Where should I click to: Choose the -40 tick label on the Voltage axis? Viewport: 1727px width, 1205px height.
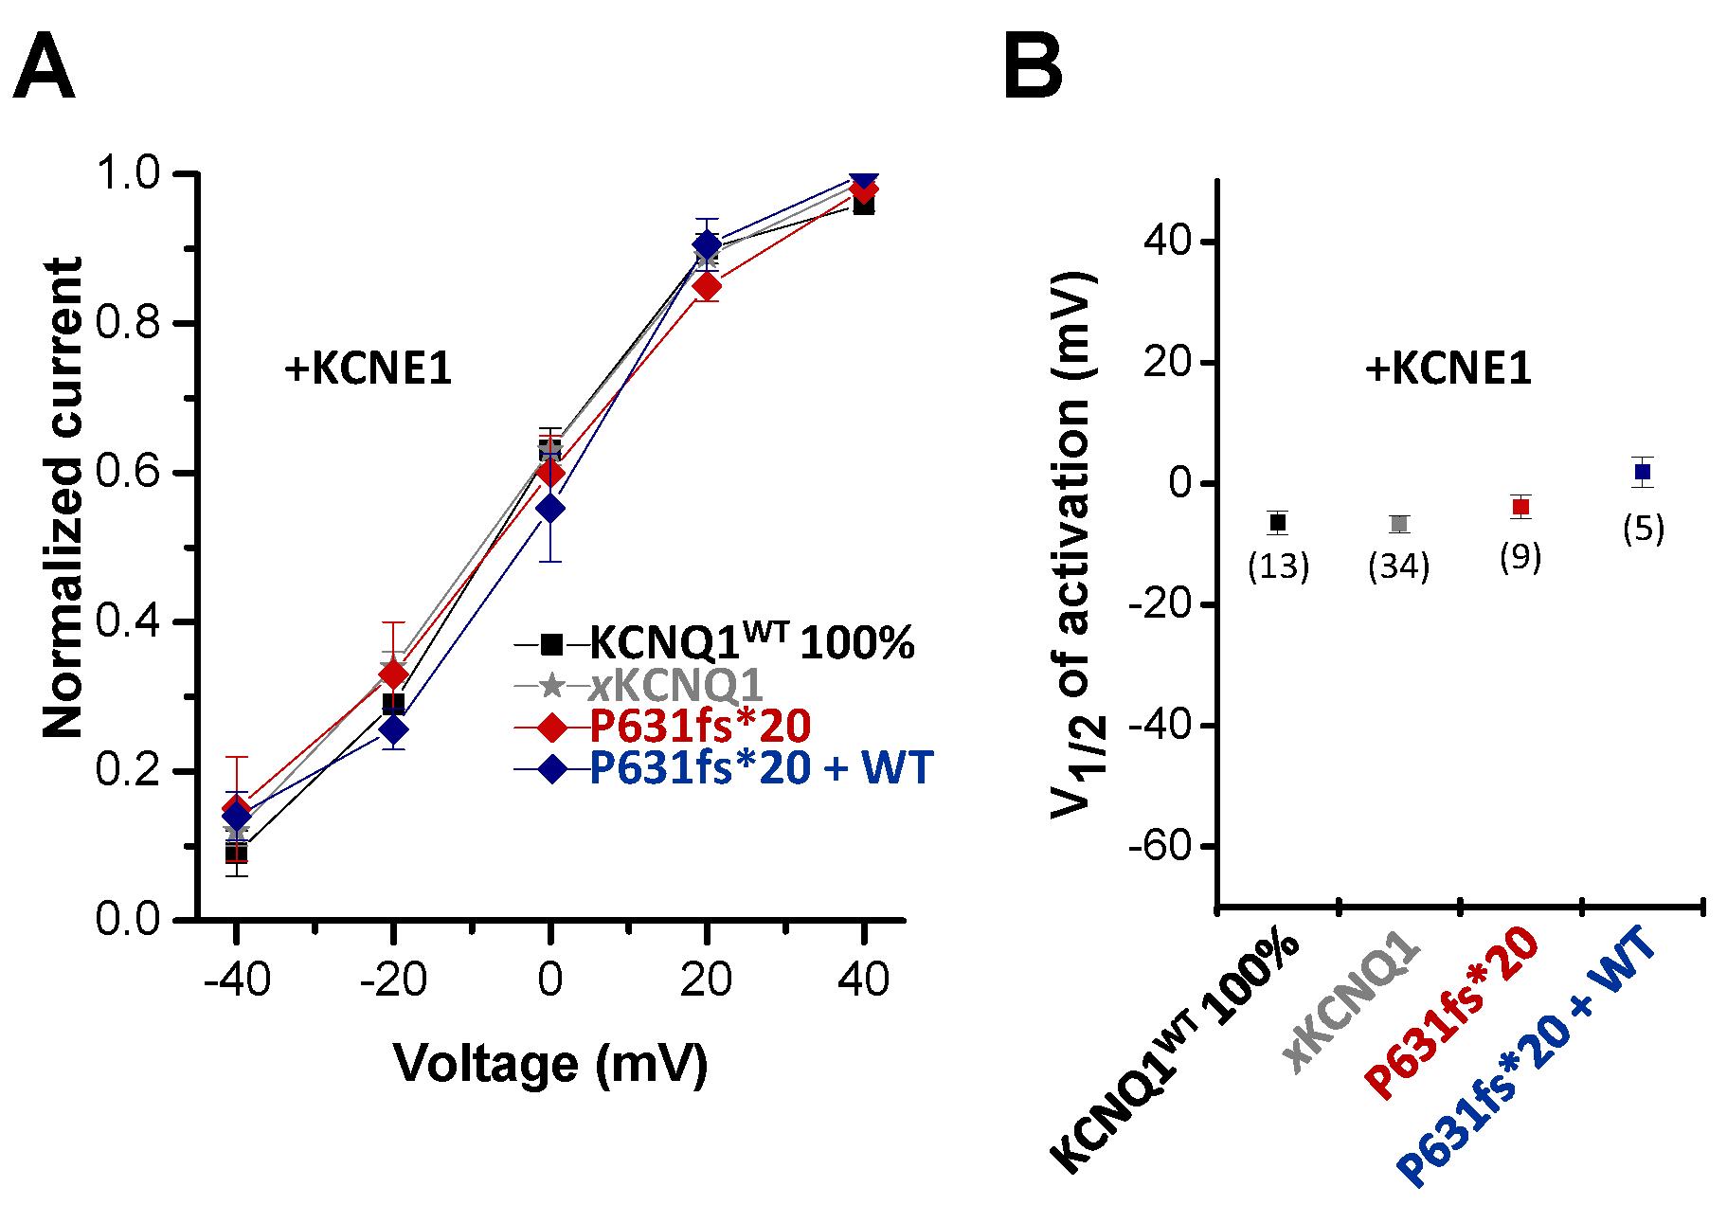(x=236, y=980)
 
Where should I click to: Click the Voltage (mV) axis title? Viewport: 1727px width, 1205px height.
(x=549, y=1063)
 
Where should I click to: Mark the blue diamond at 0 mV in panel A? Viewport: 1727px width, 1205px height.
(x=549, y=509)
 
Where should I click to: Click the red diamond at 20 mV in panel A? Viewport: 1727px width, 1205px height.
(x=706, y=285)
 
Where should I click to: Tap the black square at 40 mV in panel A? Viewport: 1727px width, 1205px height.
(x=863, y=204)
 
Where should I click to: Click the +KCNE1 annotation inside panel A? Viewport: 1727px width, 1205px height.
(x=368, y=370)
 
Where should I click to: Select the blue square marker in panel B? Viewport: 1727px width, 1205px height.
(x=1643, y=471)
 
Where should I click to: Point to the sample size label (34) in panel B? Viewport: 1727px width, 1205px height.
(x=1399, y=567)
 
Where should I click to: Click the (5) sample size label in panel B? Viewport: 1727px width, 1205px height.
(x=1643, y=529)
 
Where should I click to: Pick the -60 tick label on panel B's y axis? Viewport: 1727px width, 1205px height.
(x=1156, y=846)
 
